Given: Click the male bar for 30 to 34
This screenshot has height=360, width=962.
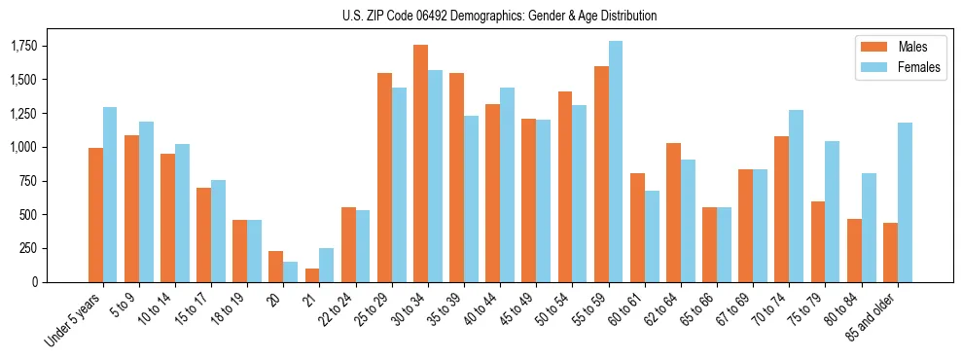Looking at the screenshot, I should (x=420, y=163).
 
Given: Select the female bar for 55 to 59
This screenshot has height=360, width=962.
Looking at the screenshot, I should (x=616, y=162).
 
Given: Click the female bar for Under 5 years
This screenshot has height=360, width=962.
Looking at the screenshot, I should (x=110, y=195).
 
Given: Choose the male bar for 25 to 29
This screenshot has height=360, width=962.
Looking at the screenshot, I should (x=384, y=177).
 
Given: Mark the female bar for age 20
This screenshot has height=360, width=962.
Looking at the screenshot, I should (x=291, y=271).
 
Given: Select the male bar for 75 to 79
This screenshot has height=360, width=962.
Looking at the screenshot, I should (x=818, y=241).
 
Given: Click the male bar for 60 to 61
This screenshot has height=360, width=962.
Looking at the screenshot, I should (x=637, y=228).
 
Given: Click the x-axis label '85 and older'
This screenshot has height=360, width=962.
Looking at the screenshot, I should (x=875, y=316).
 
